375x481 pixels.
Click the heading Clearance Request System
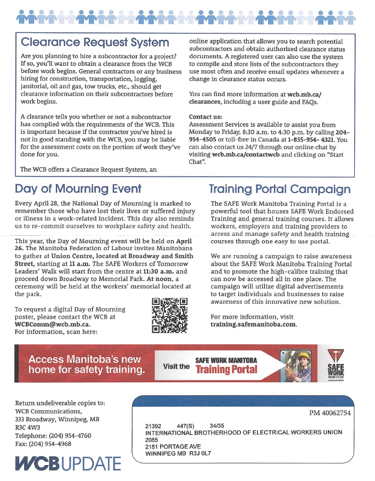[95, 42]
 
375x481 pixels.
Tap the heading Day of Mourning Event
[78, 189]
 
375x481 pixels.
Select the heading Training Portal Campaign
[280, 189]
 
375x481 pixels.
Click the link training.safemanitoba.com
[253, 324]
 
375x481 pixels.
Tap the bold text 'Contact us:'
[205, 117]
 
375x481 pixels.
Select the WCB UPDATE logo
[67, 462]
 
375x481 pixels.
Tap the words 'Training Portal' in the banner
[226, 369]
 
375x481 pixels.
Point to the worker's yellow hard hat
[303, 357]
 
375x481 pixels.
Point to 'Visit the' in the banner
[177, 366]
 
